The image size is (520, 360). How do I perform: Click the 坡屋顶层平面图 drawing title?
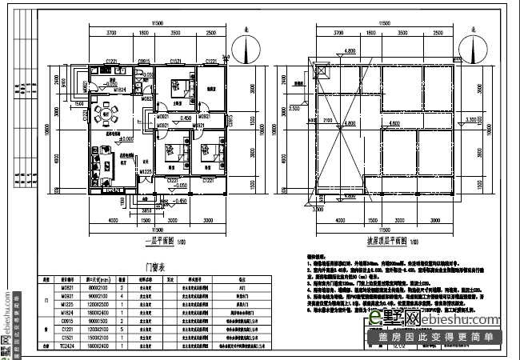point(382,240)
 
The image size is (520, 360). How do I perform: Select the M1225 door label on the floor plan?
point(146,171)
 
